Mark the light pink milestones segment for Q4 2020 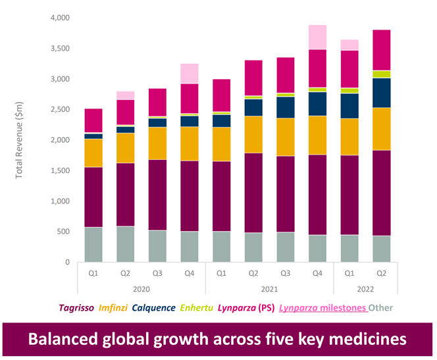coord(190,74)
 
